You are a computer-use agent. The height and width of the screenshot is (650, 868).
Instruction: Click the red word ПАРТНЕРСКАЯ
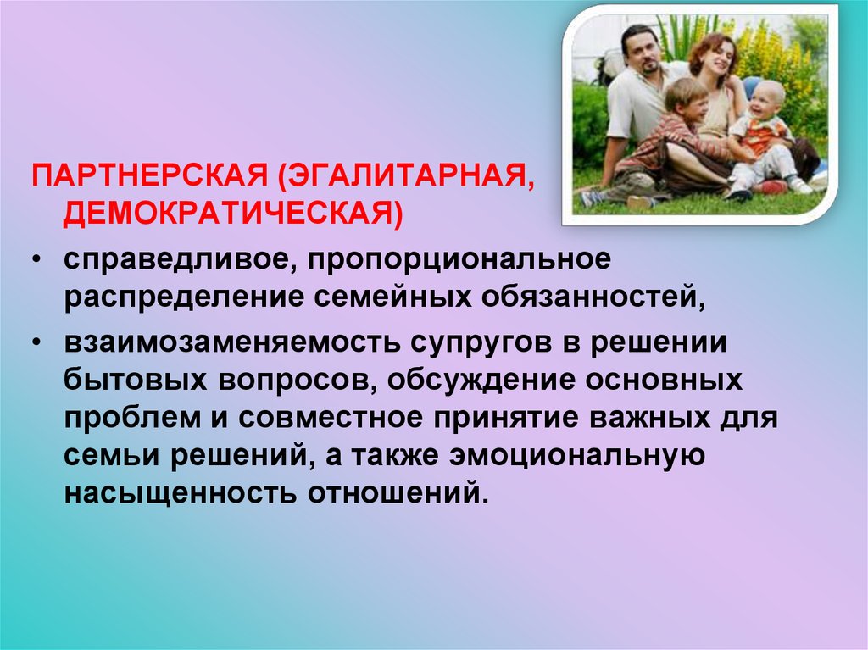(149, 175)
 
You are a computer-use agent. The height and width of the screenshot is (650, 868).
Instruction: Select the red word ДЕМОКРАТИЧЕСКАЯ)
(233, 214)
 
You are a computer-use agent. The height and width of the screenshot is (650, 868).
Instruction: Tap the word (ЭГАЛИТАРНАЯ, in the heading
(407, 176)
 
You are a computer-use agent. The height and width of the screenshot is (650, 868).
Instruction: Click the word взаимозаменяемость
(231, 342)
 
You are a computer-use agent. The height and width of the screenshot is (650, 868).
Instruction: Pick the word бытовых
(136, 380)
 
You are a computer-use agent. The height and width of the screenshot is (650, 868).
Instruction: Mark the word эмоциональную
(577, 455)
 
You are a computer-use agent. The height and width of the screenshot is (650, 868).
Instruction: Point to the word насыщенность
(180, 493)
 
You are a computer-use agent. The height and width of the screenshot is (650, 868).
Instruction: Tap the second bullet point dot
(36, 343)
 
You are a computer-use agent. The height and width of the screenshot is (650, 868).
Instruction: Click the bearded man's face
(642, 53)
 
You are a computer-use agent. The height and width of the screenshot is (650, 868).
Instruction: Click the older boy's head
(686, 100)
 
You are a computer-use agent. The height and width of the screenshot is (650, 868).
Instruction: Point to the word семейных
(393, 297)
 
